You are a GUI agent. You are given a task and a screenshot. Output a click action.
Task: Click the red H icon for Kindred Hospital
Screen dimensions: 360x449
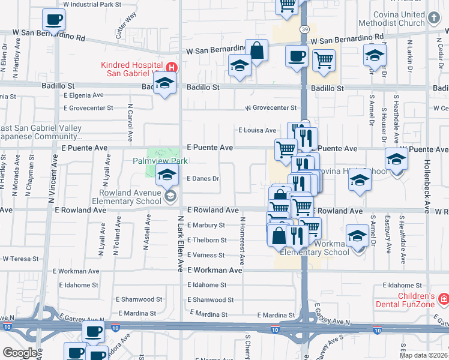(172, 67)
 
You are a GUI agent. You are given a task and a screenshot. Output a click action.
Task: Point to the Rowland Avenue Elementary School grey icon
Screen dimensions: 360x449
(170, 196)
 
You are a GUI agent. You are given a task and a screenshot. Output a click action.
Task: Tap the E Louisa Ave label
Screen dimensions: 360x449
(257, 130)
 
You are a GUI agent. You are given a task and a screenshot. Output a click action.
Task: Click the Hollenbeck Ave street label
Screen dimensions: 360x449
(427, 187)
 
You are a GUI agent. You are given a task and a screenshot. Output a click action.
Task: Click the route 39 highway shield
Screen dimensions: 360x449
(306, 29)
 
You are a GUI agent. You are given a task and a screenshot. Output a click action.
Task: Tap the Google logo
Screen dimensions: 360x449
(20, 352)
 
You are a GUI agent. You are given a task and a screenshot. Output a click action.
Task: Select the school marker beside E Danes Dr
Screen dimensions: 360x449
(167, 175)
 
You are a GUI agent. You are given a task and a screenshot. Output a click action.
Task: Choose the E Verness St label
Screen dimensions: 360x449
(206, 255)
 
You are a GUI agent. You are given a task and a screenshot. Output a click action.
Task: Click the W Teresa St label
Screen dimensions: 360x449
(20, 259)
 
